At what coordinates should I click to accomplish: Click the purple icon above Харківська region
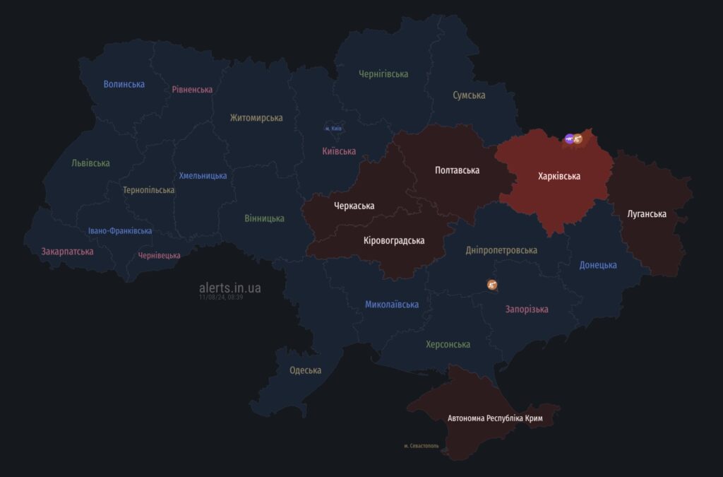569,139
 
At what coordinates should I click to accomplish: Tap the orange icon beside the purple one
578,139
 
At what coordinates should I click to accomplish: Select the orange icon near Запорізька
492,285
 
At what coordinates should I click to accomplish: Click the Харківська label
559,176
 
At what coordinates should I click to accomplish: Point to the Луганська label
647,213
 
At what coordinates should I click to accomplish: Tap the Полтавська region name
457,170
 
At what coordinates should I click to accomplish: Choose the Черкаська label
354,206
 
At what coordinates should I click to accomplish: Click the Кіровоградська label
394,240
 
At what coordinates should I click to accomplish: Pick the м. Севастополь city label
422,446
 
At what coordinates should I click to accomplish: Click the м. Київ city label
333,129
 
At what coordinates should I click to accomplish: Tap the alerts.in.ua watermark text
230,288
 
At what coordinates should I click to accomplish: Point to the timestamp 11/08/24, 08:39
221,298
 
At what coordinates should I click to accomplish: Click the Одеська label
305,370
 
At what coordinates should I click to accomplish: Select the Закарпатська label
67,251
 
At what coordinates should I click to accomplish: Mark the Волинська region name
124,84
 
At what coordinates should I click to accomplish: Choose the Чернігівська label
383,73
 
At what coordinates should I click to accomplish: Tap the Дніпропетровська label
501,250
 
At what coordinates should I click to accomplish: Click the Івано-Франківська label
120,231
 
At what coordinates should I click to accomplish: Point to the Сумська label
469,95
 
